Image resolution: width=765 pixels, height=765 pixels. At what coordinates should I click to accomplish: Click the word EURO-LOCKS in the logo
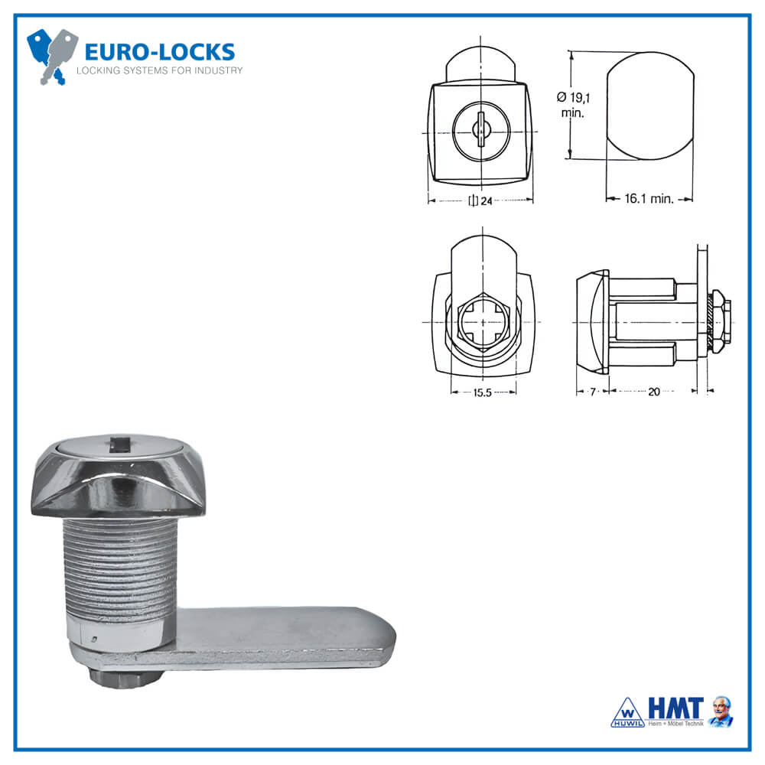coord(159,52)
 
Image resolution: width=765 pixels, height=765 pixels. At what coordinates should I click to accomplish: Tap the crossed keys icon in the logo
coord(52,55)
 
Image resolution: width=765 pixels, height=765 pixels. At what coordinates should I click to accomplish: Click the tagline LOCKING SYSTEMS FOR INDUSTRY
coord(159,71)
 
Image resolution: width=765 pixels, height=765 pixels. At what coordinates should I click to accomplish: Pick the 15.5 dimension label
coord(480,392)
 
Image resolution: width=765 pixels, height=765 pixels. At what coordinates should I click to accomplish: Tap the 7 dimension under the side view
coord(591,392)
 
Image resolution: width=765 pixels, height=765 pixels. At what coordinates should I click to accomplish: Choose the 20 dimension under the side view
coord(653,392)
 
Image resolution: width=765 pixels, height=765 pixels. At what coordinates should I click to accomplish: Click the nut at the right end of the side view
coord(721,321)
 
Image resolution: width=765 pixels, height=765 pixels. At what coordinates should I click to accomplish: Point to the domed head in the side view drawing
coord(591,321)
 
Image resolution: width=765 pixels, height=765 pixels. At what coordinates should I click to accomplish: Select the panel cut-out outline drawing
coord(649,106)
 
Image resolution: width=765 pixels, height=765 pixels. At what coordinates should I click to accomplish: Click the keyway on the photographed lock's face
coord(119,441)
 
